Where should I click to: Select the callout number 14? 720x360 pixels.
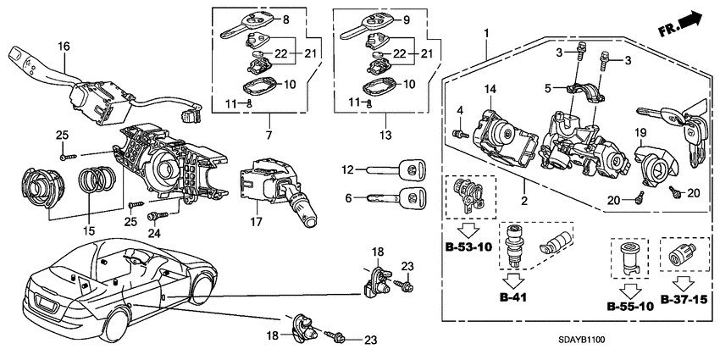489,90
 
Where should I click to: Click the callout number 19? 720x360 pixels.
640,132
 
